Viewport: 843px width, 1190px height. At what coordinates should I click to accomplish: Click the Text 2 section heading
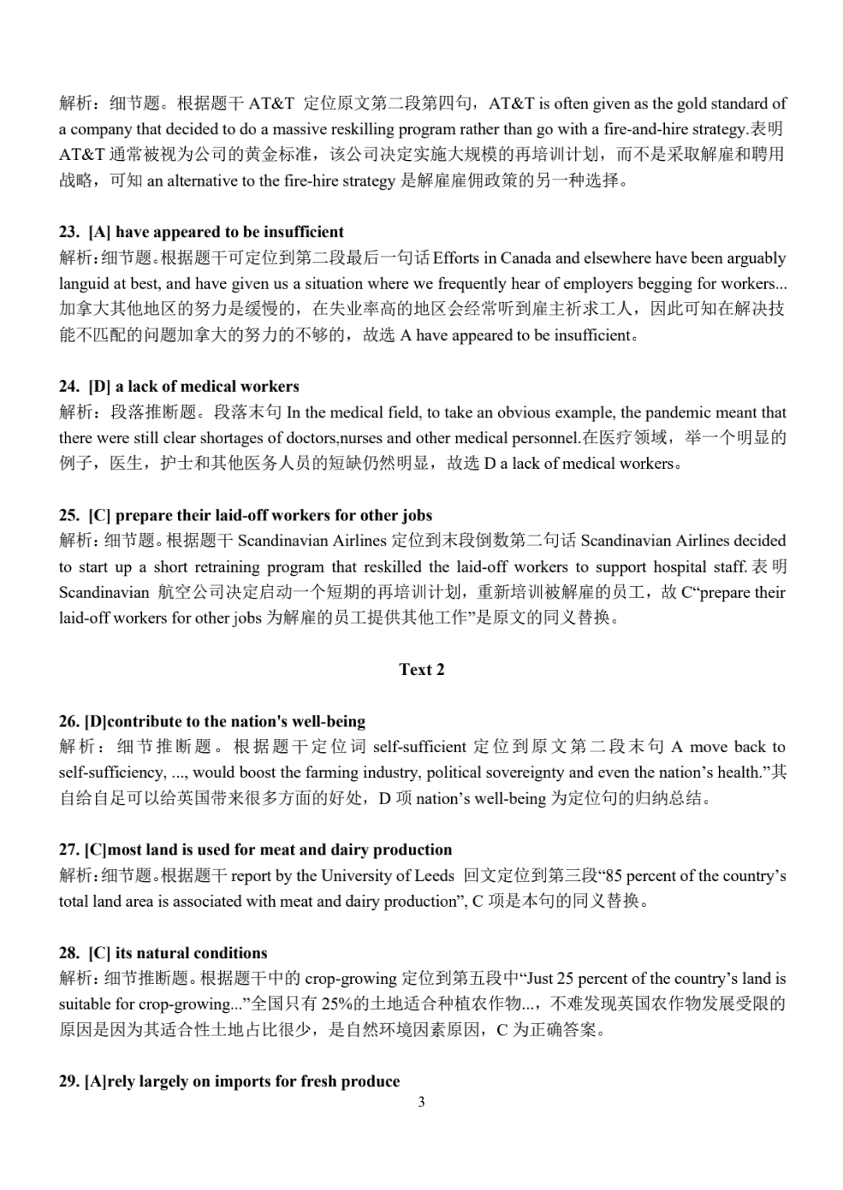point(421,670)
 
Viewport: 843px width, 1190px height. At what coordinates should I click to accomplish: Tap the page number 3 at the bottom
point(421,1103)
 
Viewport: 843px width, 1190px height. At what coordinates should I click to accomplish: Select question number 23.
point(69,232)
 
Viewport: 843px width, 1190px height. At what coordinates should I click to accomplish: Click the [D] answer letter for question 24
point(99,386)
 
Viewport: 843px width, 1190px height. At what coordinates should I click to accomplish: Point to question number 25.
point(69,515)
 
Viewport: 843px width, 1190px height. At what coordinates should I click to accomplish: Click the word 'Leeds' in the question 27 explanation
point(435,876)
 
